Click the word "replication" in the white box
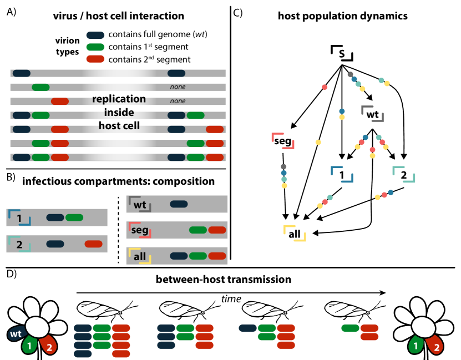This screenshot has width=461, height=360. [119, 99]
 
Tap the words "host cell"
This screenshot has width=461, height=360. [119, 126]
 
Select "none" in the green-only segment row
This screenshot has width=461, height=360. [178, 87]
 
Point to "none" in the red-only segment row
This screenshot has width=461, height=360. [178, 101]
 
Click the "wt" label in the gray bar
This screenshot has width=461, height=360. [140, 205]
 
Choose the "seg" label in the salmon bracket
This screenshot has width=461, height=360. [140, 230]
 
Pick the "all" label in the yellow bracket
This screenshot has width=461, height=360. [140, 256]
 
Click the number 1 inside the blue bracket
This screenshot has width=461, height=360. [19, 218]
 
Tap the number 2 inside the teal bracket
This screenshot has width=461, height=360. [19, 244]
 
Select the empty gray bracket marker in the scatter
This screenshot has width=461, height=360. [372, 114]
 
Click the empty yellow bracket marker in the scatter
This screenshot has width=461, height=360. [294, 233]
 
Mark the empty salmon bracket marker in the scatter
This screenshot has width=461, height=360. [282, 141]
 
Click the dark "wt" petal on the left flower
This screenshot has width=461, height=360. [16, 334]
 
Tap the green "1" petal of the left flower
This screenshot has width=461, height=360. [29, 346]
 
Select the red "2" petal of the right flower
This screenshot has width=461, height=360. [437, 346]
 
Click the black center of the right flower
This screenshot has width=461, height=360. [423, 327]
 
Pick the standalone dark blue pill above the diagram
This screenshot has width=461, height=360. [95, 36]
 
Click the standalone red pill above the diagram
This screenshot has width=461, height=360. [95, 59]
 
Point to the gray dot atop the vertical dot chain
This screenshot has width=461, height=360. [283, 166]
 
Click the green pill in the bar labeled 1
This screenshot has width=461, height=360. [74, 217]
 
